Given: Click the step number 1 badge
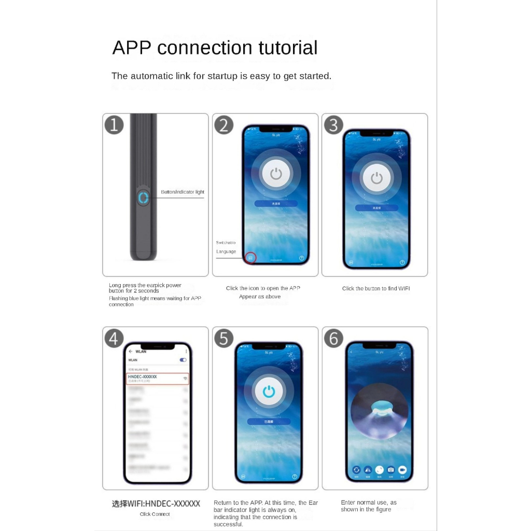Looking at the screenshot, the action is click(x=114, y=125).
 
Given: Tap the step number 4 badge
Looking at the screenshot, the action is click(x=114, y=338).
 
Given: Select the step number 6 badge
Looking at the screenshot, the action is click(x=333, y=338).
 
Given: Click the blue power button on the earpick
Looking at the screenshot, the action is click(x=143, y=198).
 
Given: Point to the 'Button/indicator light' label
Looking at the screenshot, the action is click(x=183, y=192).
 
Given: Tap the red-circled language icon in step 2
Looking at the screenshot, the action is click(x=250, y=257).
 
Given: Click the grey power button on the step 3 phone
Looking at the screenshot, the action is click(x=376, y=178).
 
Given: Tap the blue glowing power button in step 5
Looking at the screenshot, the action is click(x=269, y=392).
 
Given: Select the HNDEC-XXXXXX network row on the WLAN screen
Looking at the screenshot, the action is click(x=158, y=379).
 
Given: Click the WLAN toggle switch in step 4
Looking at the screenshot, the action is click(x=183, y=359).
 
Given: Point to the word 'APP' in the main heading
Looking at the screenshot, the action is click(x=132, y=48).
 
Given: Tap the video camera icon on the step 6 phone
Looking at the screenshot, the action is click(x=402, y=470).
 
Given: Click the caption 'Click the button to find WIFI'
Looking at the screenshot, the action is click(x=376, y=288).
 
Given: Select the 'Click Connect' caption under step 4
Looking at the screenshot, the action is click(x=155, y=514).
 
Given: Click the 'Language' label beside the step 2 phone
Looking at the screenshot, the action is click(x=226, y=251).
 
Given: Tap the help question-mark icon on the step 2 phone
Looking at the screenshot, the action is click(x=301, y=258).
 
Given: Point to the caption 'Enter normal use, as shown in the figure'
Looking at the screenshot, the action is click(x=369, y=506).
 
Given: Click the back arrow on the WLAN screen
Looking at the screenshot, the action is click(x=131, y=352).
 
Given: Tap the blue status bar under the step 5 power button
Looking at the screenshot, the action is click(x=269, y=422).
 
